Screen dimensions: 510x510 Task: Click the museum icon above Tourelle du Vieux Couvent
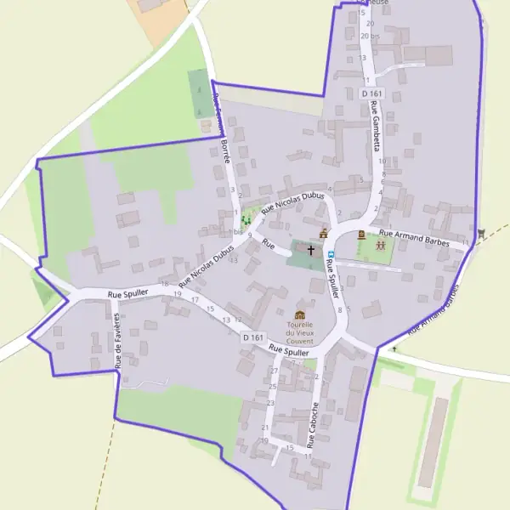pyautogui.click(x=300, y=315)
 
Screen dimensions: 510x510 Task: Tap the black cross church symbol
pyautogui.click(x=311, y=251)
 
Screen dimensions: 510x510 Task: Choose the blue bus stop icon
pyautogui.click(x=331, y=253)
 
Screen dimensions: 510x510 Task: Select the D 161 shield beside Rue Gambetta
pyautogui.click(x=372, y=93)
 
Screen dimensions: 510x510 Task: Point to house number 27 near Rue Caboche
pyautogui.click(x=274, y=371)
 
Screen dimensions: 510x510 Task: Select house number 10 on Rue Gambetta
pyautogui.click(x=382, y=161)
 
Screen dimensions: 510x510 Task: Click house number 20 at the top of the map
pyautogui.click(x=365, y=36)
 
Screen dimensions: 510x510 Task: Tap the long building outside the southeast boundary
pyautogui.click(x=433, y=442)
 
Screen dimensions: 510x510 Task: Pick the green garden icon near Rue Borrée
pyautogui.click(x=246, y=220)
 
